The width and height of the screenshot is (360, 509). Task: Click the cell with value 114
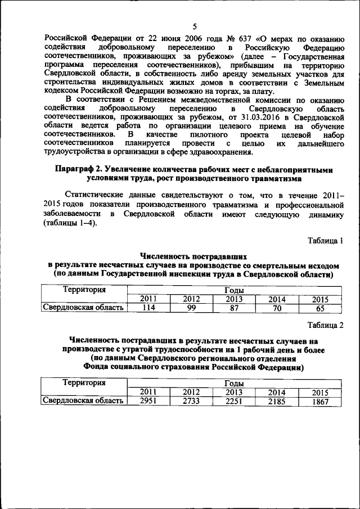coord(148,308)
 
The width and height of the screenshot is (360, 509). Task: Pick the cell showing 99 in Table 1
coord(191,308)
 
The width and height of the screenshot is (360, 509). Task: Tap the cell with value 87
coord(233,308)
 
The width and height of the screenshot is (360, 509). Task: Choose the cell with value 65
coord(319,308)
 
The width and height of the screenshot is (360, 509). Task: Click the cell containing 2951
coord(148,402)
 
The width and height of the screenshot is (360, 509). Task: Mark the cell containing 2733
coord(191,402)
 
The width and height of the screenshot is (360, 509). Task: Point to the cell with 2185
coord(276,402)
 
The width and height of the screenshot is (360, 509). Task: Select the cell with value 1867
coord(319,402)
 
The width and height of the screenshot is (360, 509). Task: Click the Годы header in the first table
coord(234,290)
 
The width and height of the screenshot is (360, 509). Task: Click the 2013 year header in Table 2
coord(233,393)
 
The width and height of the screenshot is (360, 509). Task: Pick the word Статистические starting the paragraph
coord(97,193)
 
